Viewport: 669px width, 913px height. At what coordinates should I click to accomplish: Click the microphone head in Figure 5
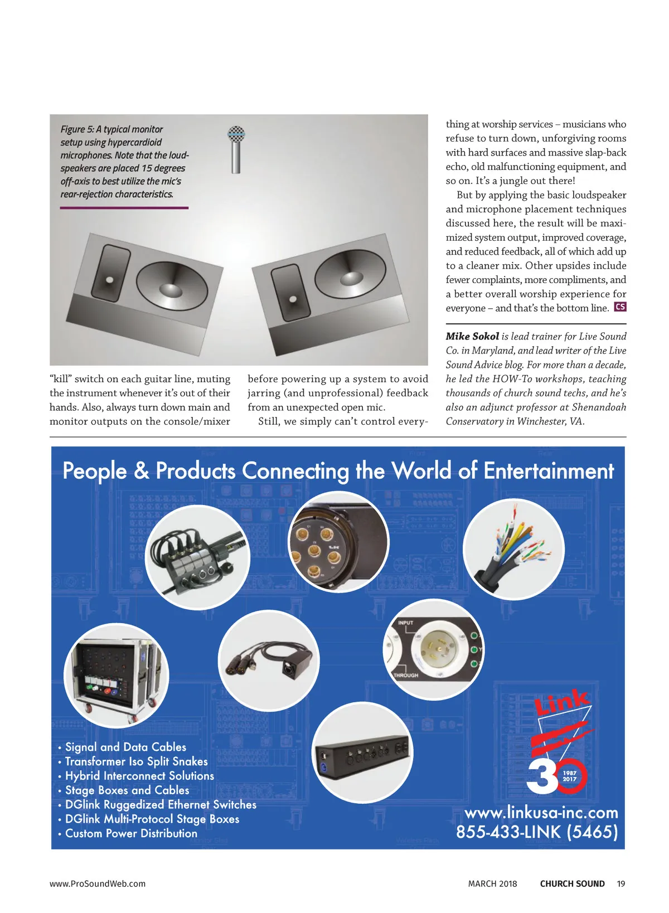pyautogui.click(x=236, y=134)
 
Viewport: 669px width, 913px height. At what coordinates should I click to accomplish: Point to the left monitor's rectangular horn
pyautogui.click(x=111, y=274)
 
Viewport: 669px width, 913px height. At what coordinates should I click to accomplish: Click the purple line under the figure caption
pyautogui.click(x=124, y=208)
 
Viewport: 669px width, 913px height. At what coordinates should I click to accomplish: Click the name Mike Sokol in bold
pyautogui.click(x=472, y=336)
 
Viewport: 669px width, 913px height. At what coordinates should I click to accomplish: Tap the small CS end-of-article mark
pyautogui.click(x=620, y=307)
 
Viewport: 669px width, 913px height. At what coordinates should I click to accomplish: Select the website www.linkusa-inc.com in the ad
pyautogui.click(x=541, y=812)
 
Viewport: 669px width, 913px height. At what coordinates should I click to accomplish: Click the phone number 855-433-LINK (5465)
pyautogui.click(x=537, y=832)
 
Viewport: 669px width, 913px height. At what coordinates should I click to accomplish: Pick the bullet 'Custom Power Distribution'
pyautogui.click(x=131, y=833)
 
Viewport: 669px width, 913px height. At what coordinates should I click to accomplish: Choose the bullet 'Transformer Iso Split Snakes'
pyautogui.click(x=136, y=761)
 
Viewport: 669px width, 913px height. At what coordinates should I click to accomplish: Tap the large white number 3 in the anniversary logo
pyautogui.click(x=542, y=774)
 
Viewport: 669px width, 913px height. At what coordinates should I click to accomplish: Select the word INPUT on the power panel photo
pyautogui.click(x=405, y=623)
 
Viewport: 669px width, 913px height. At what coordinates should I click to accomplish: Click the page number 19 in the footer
pyautogui.click(x=621, y=883)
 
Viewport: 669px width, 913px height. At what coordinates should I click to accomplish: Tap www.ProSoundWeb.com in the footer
pyautogui.click(x=98, y=883)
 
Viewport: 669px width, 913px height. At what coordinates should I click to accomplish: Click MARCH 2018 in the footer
pyautogui.click(x=492, y=883)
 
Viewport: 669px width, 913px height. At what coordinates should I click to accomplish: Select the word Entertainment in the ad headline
pyautogui.click(x=549, y=471)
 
